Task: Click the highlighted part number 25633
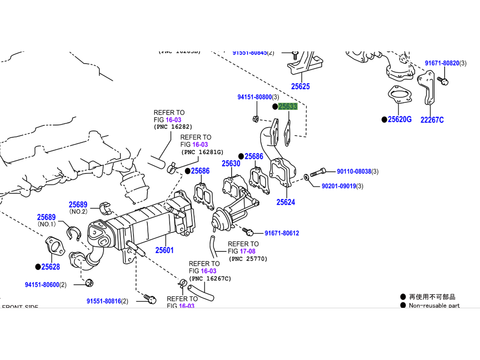click(288, 107)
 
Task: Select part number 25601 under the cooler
click(164, 250)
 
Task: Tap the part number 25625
click(300, 86)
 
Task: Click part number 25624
click(285, 202)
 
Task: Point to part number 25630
click(231, 163)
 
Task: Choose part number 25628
click(51, 267)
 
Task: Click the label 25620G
click(400, 120)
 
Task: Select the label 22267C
click(432, 120)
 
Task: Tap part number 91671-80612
click(282, 233)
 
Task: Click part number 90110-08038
click(354, 171)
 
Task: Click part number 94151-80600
click(42, 285)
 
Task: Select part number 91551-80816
click(104, 301)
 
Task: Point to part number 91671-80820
click(442, 63)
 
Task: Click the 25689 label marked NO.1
click(46, 217)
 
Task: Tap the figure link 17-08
click(248, 251)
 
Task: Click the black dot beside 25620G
click(384, 120)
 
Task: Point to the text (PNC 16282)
click(173, 127)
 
